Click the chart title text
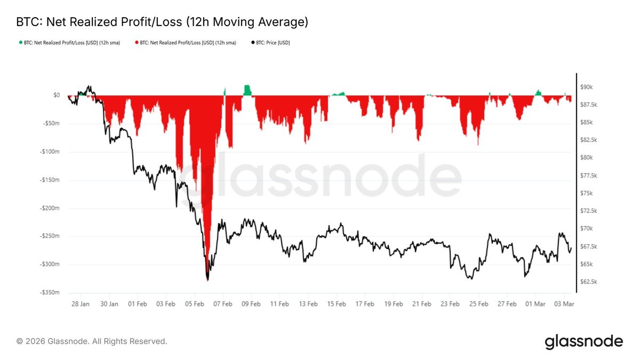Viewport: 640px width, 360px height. click(162, 22)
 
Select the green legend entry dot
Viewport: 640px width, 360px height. click(21, 43)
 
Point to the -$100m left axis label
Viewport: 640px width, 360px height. click(49, 151)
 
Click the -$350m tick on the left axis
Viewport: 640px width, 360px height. click(49, 293)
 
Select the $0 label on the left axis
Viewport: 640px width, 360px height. click(56, 95)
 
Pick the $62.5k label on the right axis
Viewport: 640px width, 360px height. click(590, 282)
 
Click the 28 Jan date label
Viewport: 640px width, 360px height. click(81, 303)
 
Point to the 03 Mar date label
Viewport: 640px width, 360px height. click(563, 303)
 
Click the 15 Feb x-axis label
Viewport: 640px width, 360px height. click(336, 303)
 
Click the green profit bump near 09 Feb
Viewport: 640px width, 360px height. click(247, 90)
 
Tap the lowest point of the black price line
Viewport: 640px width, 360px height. click(207, 280)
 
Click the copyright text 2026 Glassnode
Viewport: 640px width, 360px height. click(92, 341)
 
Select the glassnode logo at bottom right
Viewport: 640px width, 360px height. click(583, 341)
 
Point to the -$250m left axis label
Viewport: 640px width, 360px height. click(49, 236)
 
